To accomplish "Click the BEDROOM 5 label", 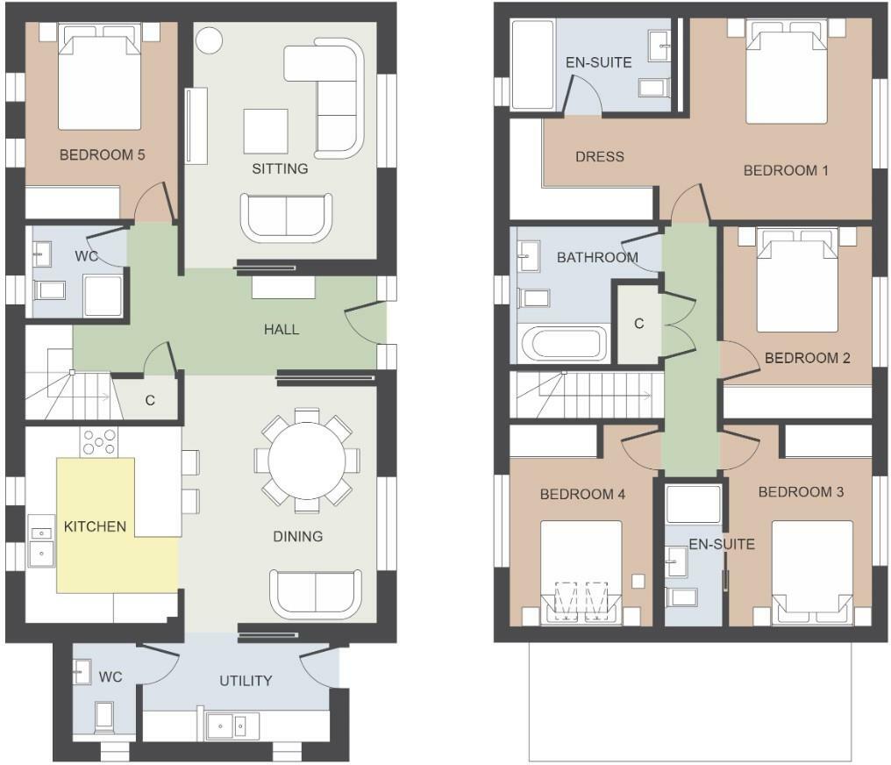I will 102,155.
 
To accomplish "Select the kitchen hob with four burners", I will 99,441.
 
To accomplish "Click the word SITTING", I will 280,168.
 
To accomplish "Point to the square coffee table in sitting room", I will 266,131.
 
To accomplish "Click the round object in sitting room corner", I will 209,40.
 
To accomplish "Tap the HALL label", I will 282,330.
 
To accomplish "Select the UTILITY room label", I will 245,681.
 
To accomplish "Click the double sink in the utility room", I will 233,725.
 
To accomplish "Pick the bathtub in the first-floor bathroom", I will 561,343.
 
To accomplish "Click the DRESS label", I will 600,157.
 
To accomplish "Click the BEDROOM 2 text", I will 807,358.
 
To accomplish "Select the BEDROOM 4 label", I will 582,495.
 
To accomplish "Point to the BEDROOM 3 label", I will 801,492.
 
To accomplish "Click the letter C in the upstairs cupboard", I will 639,324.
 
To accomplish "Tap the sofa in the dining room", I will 315,594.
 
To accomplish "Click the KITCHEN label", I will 96,527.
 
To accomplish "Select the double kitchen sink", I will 40,543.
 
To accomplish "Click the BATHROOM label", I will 597,258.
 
